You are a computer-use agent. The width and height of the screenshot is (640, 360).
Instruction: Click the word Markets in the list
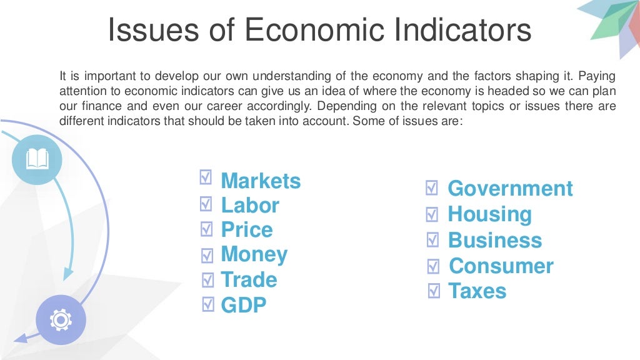point(261,181)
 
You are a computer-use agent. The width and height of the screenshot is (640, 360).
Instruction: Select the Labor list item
point(250,206)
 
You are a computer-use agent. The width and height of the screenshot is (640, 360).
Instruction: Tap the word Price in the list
point(247,230)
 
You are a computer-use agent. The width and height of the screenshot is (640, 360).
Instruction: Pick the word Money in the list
point(254,254)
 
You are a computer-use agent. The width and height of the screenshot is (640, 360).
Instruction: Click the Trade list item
point(249,279)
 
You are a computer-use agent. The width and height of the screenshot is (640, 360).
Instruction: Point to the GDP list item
point(244,305)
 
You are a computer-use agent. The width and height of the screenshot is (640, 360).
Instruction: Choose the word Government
point(510,188)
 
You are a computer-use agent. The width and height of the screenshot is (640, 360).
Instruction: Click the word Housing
point(489,214)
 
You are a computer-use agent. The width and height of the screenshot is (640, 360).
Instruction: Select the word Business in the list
point(495,241)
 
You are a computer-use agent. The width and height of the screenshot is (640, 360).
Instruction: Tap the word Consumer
point(501,266)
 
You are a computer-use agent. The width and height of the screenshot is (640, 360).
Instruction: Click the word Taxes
point(477,291)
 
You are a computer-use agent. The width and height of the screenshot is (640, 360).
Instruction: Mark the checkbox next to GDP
point(208,304)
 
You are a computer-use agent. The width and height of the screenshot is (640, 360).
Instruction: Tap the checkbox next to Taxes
point(434,291)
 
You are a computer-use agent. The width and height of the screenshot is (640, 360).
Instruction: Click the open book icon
point(37,159)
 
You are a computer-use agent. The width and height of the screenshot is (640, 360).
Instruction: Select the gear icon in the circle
point(61,321)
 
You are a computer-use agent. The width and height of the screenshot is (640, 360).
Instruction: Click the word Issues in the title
point(162,31)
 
